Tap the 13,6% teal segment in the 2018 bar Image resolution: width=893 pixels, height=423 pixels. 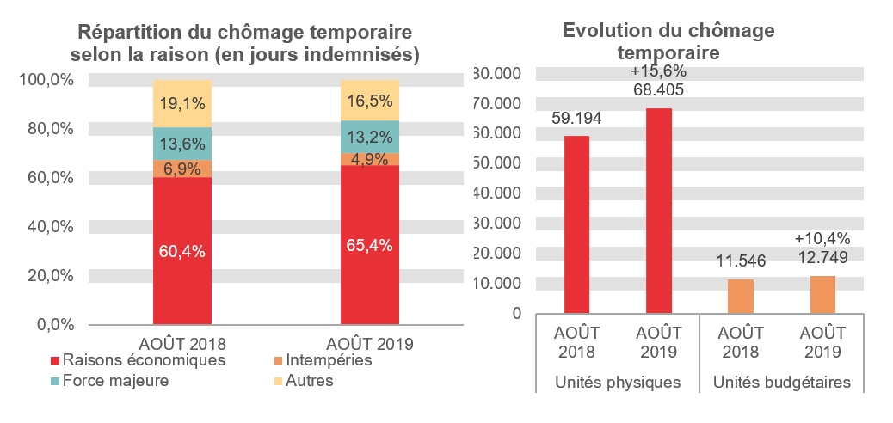(x=182, y=144)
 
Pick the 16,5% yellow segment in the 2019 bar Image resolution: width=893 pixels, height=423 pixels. (x=370, y=100)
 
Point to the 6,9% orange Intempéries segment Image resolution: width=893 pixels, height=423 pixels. (x=182, y=169)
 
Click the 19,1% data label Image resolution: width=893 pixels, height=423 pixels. (x=182, y=104)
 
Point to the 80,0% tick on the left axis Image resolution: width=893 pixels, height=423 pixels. (x=52, y=128)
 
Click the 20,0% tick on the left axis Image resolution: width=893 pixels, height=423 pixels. (x=52, y=275)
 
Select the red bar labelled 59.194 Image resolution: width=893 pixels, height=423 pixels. (x=576, y=224)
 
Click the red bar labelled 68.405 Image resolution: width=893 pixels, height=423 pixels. (x=658, y=211)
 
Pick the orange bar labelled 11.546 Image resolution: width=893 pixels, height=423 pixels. (x=741, y=296)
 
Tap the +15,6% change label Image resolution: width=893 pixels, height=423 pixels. (x=658, y=71)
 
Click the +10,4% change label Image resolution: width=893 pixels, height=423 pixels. (x=822, y=238)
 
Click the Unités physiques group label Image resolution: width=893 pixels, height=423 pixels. (x=618, y=381)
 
